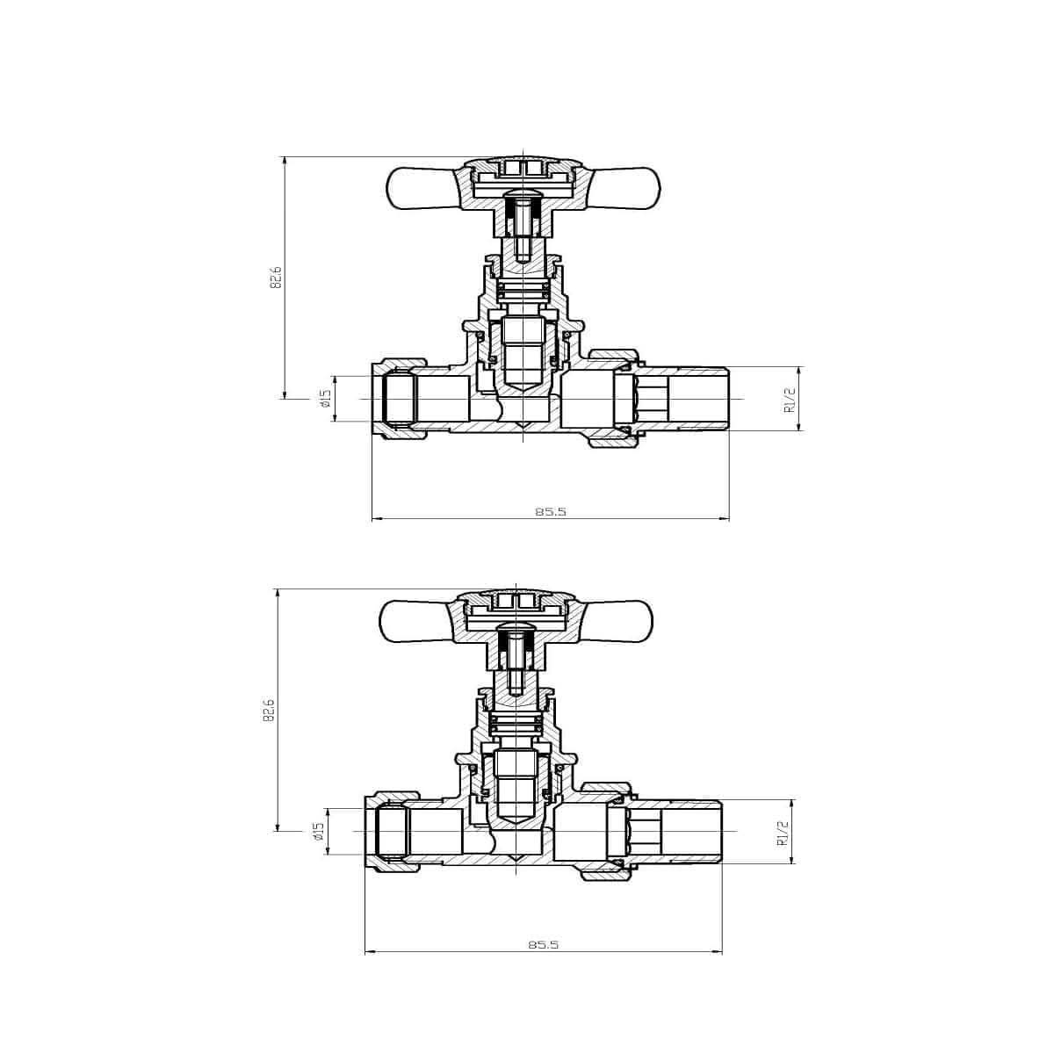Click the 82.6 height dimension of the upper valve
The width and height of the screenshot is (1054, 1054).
[x=275, y=277]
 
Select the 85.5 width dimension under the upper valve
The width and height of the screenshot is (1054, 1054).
[x=550, y=511]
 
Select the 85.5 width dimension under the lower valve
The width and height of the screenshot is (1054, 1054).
[x=544, y=944]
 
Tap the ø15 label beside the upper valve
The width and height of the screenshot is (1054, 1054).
[x=323, y=400]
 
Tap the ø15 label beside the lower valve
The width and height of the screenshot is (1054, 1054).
[x=317, y=832]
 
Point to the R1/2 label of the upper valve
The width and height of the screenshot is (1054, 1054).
[x=789, y=400]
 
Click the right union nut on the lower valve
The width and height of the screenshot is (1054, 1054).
[x=606, y=832]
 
